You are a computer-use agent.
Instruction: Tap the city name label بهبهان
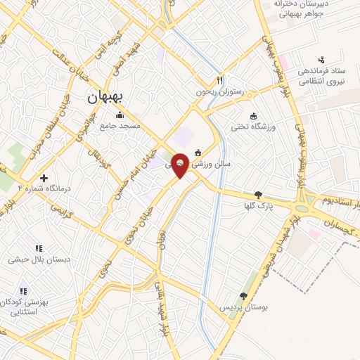pos(104,98)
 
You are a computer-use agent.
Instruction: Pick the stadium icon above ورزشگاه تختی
pos(253,116)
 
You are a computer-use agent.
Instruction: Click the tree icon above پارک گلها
pos(258,195)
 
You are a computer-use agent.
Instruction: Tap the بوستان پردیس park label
pos(243,307)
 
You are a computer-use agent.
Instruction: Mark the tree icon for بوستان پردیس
pos(243,296)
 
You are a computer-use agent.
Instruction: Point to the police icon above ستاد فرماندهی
pos(322,60)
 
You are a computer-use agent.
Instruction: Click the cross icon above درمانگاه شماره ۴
pos(44,178)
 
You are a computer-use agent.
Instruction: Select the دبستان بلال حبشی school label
pos(39,259)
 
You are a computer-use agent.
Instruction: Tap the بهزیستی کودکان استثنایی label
pos(24,307)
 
